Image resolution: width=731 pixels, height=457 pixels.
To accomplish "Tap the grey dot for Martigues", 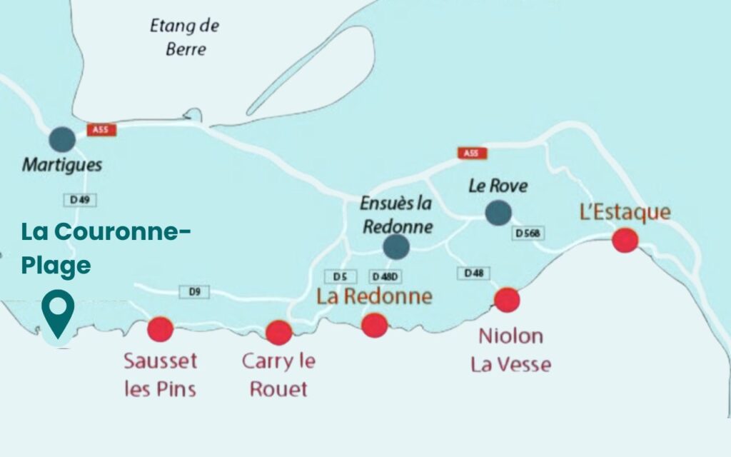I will click(63, 139).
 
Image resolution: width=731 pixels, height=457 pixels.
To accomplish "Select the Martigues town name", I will click(61, 165).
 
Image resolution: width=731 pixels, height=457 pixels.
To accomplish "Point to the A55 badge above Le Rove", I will click(471, 154).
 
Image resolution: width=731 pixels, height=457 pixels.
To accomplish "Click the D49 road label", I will click(82, 201).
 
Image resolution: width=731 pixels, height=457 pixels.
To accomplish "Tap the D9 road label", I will click(195, 291).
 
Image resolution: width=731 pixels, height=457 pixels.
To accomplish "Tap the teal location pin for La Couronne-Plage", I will click(57, 313).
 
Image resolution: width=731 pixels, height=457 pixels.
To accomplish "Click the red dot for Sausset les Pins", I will click(160, 329).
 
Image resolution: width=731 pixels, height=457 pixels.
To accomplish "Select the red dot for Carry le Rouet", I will click(278, 332).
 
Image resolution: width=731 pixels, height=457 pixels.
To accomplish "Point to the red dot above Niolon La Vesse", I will click(507, 300).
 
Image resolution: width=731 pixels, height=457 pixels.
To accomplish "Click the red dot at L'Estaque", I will click(625, 240).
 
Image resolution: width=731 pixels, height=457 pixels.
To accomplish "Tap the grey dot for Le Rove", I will click(498, 212).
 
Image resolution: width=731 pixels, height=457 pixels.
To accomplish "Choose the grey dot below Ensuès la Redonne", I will click(395, 247).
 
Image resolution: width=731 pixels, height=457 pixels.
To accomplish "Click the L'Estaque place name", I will click(625, 212).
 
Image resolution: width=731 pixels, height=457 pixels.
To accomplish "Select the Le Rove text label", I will click(498, 186).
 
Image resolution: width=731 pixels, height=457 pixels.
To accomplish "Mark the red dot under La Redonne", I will click(374, 326).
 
